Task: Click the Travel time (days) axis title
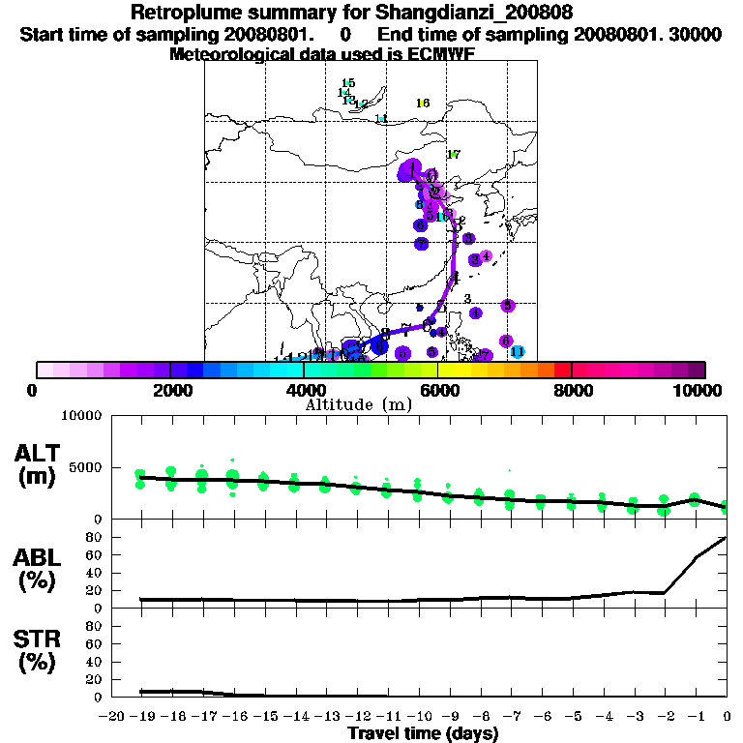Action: (422, 734)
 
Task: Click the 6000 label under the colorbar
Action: (437, 390)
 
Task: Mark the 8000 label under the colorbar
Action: (572, 390)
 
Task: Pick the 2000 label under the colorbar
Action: (168, 390)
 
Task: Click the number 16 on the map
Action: (422, 104)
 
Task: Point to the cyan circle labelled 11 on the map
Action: (517, 351)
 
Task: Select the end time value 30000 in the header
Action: (695, 35)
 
